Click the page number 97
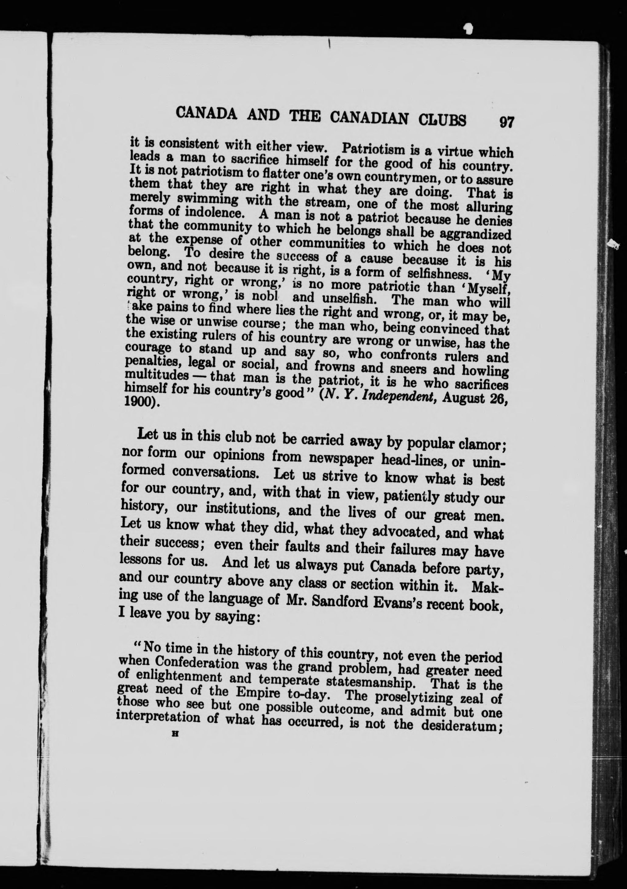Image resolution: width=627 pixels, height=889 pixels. click(x=507, y=122)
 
